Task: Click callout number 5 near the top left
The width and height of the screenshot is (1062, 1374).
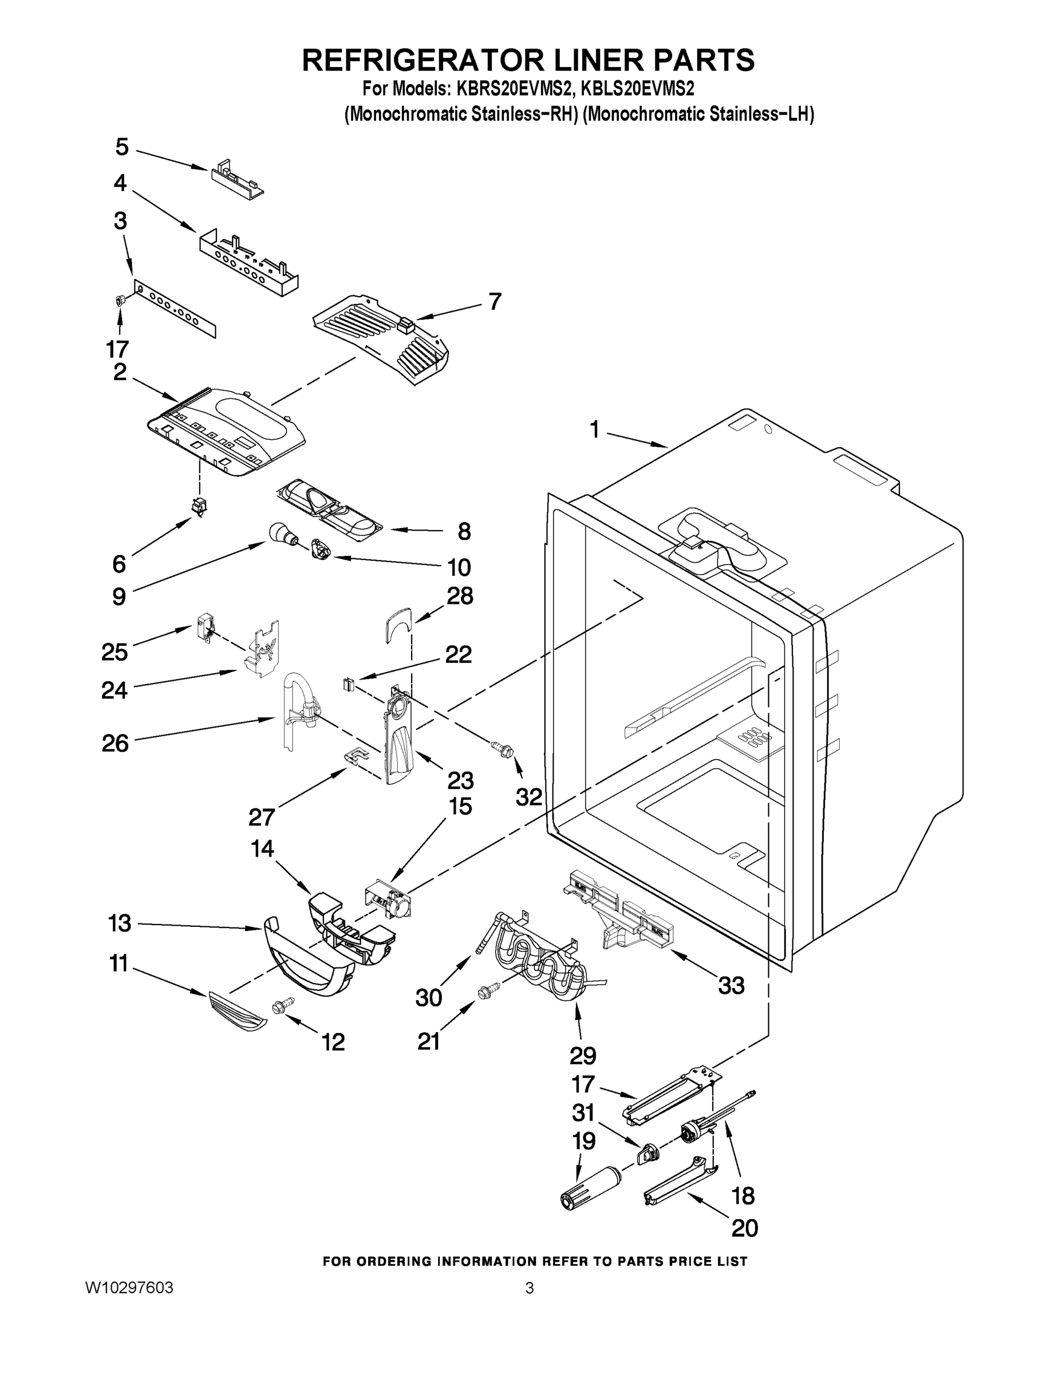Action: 121,147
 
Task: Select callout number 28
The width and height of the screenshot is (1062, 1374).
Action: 460,595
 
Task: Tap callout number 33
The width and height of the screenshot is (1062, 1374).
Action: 731,985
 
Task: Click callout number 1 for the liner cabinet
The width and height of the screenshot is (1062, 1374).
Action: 594,430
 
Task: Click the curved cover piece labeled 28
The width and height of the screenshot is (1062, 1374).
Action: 398,625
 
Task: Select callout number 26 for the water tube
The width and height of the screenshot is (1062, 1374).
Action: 115,744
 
